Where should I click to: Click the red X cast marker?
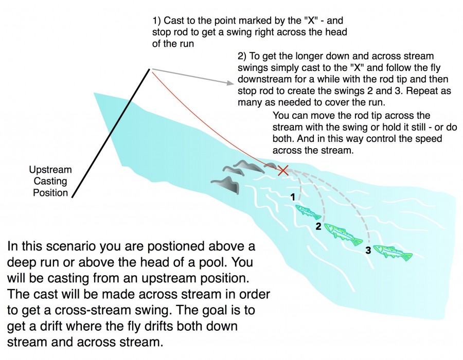(282, 170)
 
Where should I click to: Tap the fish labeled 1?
(308, 211)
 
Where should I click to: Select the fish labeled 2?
(342, 231)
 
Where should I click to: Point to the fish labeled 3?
(393, 252)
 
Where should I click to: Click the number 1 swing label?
(293, 196)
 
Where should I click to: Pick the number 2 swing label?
(318, 226)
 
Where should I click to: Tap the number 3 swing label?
(368, 250)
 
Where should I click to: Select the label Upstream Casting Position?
(50, 181)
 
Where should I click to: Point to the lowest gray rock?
(227, 184)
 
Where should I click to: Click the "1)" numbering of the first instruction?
(157, 22)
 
